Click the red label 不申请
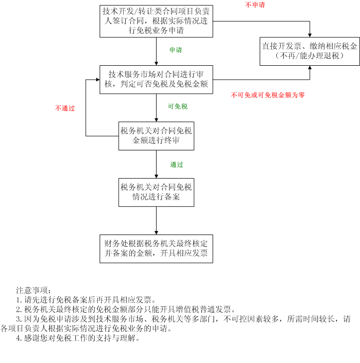[x=255, y=4]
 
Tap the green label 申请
[x=176, y=50]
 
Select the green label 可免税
[x=178, y=106]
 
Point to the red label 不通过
[x=65, y=108]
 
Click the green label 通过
[x=177, y=165]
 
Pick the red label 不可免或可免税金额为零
[x=268, y=95]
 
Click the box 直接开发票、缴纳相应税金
[x=310, y=51]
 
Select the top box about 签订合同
[x=156, y=21]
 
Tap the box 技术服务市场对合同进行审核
[x=156, y=80]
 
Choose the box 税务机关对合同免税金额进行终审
[x=156, y=136]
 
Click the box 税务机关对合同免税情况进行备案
[x=156, y=192]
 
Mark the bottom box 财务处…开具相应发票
[x=156, y=249]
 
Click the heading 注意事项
[x=33, y=290]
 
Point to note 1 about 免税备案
[x=86, y=300]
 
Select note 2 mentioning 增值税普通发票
[x=126, y=309]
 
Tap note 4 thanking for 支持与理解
[x=78, y=338]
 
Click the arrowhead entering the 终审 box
[x=156, y=120]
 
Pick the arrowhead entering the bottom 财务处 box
[x=156, y=233]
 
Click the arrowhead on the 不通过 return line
[x=98, y=80]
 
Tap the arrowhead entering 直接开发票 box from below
[x=310, y=67]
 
